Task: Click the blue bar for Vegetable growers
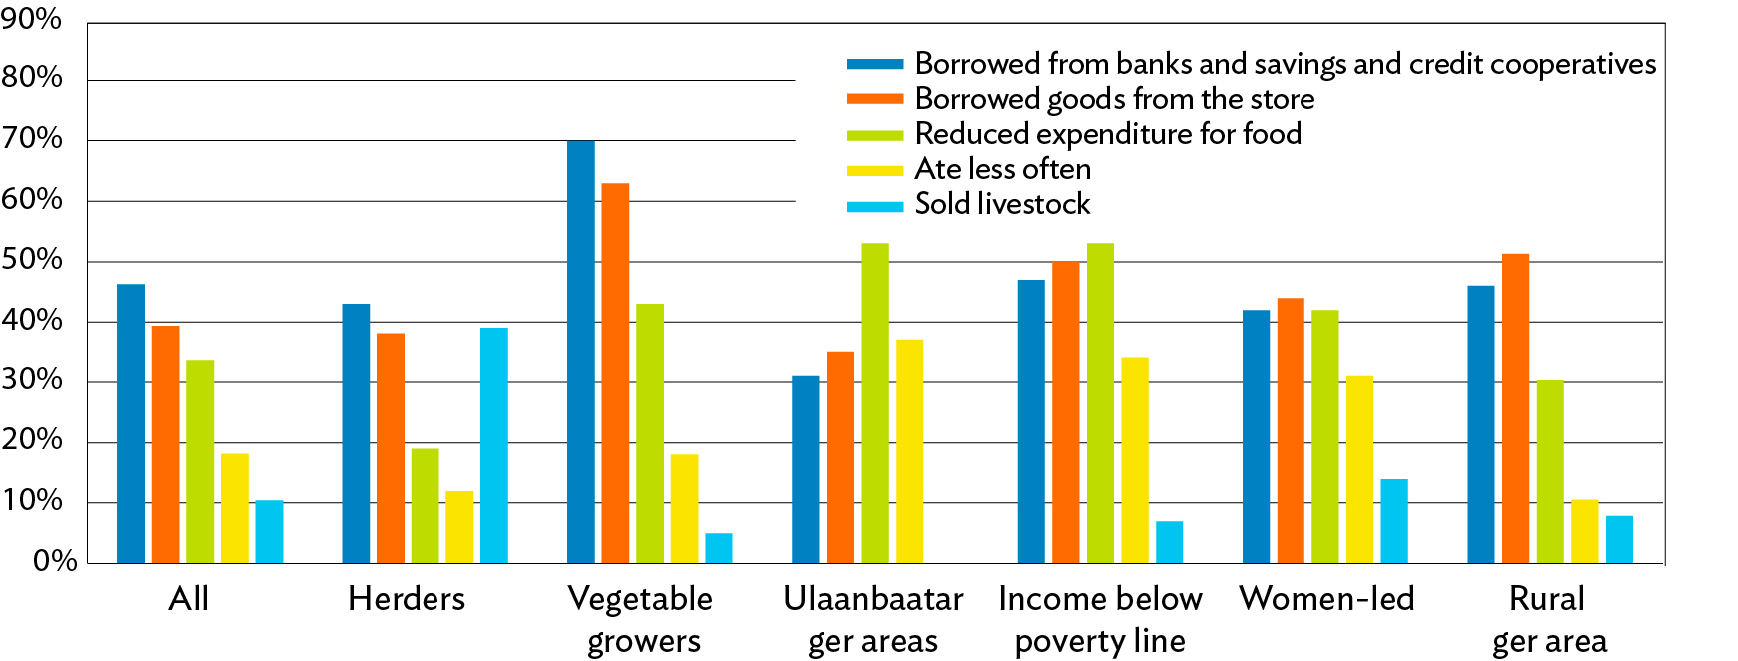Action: click(580, 351)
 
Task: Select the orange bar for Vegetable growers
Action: click(615, 372)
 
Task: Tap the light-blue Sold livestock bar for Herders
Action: click(493, 445)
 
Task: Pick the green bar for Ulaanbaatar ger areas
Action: click(875, 402)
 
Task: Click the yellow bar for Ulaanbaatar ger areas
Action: click(909, 451)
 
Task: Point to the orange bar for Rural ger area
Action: click(1515, 408)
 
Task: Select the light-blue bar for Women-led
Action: click(1394, 521)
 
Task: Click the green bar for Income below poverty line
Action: click(1100, 402)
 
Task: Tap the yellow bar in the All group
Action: click(234, 508)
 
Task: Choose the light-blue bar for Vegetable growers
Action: click(719, 548)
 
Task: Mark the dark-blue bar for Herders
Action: click(356, 433)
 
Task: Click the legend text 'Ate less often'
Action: click(1002, 169)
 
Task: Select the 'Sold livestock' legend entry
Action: click(1002, 204)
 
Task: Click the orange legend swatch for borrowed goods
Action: click(875, 99)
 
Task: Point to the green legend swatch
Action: click(875, 134)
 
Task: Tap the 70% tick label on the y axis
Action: click(32, 138)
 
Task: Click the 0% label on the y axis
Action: click(54, 561)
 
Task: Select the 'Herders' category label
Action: click(407, 599)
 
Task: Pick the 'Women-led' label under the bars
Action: click(1326, 599)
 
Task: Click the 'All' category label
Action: click(189, 599)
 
